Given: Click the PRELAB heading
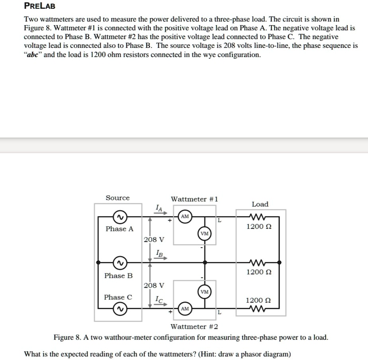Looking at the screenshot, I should [x=40, y=6].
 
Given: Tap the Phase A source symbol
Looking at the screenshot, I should [x=119, y=217].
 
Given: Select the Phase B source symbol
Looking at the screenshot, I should [x=119, y=263].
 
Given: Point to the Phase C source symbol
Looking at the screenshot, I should [x=119, y=308].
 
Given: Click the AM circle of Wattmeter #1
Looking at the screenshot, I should [x=185, y=216].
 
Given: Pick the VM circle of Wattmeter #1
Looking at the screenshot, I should [x=205, y=233].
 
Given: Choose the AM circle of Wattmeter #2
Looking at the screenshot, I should [x=185, y=309].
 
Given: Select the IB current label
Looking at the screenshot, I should [x=159, y=253].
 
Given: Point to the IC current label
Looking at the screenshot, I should [x=159, y=298].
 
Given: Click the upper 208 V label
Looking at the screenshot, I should [x=154, y=240].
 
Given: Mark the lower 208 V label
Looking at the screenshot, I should [x=154, y=285].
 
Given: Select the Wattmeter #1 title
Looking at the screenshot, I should [x=194, y=199].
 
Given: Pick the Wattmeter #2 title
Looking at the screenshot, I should [x=194, y=327].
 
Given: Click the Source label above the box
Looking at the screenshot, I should [x=117, y=198].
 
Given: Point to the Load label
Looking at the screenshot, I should [x=260, y=204].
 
